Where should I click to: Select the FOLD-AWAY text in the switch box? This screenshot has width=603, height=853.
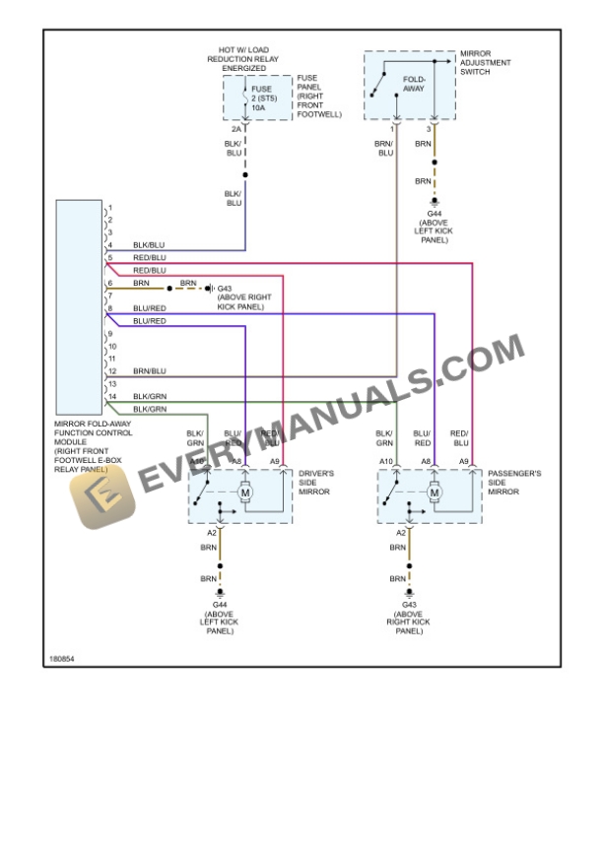coord(414,83)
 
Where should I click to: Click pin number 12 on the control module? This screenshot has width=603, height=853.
coord(112,370)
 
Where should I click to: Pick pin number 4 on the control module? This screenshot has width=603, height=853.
coord(111,244)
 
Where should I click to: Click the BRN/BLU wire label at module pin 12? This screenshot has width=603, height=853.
coord(150,370)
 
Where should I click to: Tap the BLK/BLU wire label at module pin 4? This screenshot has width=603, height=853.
coord(150,244)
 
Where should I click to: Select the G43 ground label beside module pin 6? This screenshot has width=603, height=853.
coord(225,289)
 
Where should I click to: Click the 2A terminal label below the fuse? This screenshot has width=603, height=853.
coord(235,129)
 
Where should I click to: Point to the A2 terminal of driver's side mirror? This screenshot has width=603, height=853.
coord(211,532)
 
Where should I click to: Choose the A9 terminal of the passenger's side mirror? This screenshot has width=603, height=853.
coord(463,460)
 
